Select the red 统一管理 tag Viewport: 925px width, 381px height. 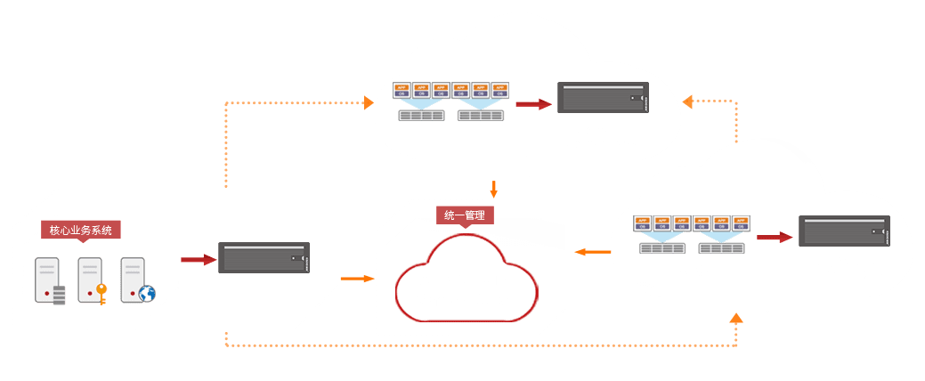click(465, 215)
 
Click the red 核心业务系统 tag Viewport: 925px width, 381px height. click(80, 230)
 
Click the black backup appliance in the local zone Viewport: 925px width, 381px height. click(264, 259)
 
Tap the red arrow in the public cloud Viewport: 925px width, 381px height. click(533, 104)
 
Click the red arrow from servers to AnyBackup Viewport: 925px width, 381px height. click(199, 260)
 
